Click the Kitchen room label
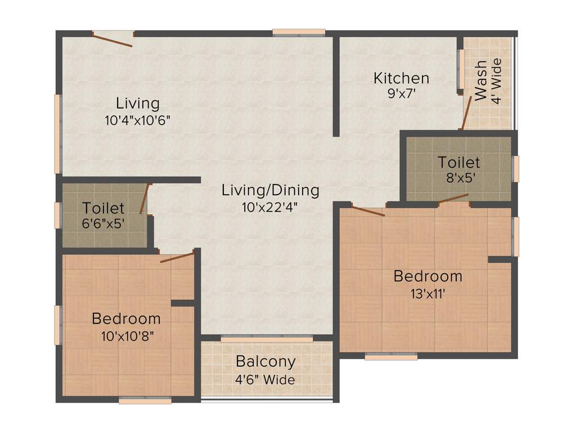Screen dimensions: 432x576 pyautogui.click(x=401, y=78)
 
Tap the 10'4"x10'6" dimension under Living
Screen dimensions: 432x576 pyautogui.click(x=137, y=120)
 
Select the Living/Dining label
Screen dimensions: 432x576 pyautogui.click(x=270, y=190)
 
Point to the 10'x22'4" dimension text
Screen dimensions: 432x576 pyautogui.click(x=269, y=206)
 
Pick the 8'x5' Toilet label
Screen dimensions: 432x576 pyautogui.click(x=459, y=163)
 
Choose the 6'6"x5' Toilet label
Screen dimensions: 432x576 pyautogui.click(x=103, y=208)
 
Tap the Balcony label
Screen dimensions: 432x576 pyautogui.click(x=265, y=361)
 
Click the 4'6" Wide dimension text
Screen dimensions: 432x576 pyautogui.click(x=265, y=380)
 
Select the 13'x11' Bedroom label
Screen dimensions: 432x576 pyautogui.click(x=427, y=276)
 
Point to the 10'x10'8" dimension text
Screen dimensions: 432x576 pyautogui.click(x=126, y=336)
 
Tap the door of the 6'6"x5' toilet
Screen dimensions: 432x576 pyautogui.click(x=145, y=199)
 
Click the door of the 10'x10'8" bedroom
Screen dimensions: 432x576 pyautogui.click(x=177, y=258)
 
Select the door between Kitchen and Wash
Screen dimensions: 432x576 pyautogui.click(x=466, y=113)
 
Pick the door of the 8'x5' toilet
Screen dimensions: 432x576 pyautogui.click(x=453, y=198)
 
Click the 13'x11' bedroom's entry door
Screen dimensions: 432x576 pyautogui.click(x=368, y=211)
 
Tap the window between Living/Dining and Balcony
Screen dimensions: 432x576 pyautogui.click(x=267, y=339)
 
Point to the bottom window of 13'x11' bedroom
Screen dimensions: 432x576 pyautogui.click(x=391, y=356)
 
